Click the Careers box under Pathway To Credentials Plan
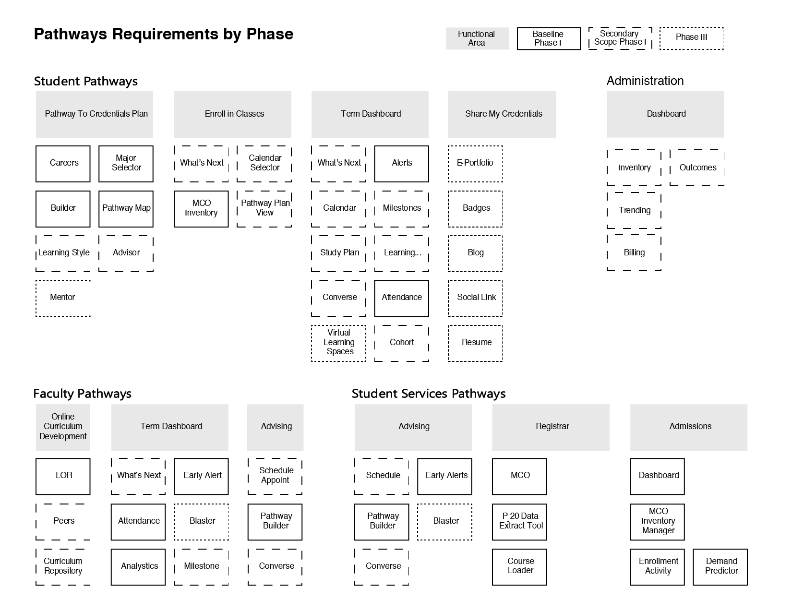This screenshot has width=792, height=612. pyautogui.click(x=63, y=164)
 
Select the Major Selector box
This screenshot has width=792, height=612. pyautogui.click(x=126, y=164)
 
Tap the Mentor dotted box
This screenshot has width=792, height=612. pyautogui.click(x=63, y=298)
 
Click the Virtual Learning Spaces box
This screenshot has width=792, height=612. pyautogui.click(x=338, y=343)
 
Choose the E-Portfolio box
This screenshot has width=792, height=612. pyautogui.click(x=475, y=164)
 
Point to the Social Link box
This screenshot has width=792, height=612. pyautogui.click(x=475, y=298)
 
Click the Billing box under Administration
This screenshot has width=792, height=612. pyautogui.click(x=634, y=253)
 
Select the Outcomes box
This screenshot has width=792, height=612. pyautogui.click(x=697, y=168)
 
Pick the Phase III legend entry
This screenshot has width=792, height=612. pyautogui.click(x=691, y=38)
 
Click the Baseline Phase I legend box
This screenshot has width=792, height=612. pyautogui.click(x=548, y=38)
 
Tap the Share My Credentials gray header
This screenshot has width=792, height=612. pyautogui.click(x=502, y=114)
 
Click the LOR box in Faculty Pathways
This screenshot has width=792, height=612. pyautogui.click(x=63, y=476)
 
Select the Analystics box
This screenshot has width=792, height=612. pyautogui.click(x=138, y=567)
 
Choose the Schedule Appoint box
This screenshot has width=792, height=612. pyautogui.click(x=275, y=476)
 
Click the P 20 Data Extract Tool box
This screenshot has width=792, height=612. pyautogui.click(x=519, y=521)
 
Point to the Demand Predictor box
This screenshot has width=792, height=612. pyautogui.click(x=720, y=567)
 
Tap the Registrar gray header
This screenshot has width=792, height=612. pyautogui.click(x=551, y=427)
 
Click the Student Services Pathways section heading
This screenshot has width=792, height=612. pyautogui.click(x=428, y=394)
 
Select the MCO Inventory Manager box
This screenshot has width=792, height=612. pyautogui.click(x=657, y=521)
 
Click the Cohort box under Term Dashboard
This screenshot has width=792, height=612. pyautogui.click(x=401, y=343)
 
